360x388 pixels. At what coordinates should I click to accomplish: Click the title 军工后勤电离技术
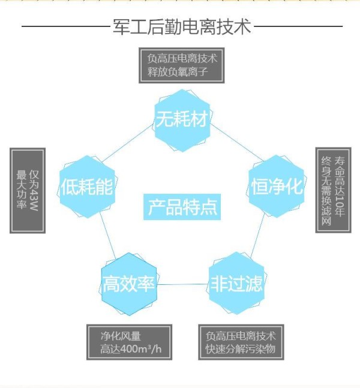(182, 26)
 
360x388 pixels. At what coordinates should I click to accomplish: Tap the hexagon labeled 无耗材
(182, 121)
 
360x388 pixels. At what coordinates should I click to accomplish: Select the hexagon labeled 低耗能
(87, 187)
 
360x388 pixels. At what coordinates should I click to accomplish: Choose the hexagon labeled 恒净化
(277, 187)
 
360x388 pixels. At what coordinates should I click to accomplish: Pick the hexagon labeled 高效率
(129, 284)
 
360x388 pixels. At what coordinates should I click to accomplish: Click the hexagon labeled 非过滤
(236, 283)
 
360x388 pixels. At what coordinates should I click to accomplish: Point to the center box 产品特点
(182, 207)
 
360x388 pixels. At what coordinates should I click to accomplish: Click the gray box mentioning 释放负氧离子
(181, 65)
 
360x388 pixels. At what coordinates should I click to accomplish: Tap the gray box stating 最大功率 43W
(28, 191)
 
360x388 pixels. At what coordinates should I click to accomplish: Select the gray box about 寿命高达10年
(333, 190)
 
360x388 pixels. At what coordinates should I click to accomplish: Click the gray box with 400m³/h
(129, 342)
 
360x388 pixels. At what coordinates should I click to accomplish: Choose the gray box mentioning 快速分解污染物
(241, 342)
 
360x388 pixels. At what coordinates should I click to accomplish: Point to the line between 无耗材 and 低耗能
(127, 144)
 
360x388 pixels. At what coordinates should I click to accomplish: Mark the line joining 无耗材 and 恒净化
(236, 143)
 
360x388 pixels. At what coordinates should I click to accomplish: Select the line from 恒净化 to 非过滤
(257, 236)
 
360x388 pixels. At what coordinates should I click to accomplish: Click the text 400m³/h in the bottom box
(142, 349)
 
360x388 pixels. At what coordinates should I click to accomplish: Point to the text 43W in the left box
(34, 200)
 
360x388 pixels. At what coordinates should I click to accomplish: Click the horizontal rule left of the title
(65, 26)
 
